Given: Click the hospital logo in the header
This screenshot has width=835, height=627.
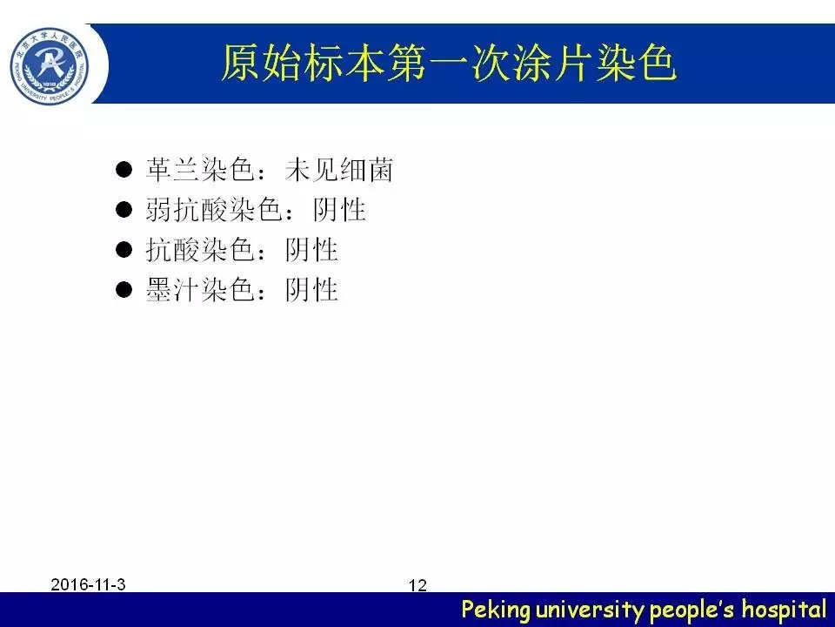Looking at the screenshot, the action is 50,67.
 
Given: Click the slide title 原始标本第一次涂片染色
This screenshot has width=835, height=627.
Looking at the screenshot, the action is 449,64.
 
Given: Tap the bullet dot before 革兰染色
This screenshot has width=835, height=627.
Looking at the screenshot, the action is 124,170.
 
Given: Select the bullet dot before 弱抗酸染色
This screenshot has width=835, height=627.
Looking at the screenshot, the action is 124,210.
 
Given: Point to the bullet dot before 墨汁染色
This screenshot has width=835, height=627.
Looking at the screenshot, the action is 124,289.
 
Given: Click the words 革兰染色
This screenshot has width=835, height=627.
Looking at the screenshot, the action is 199,170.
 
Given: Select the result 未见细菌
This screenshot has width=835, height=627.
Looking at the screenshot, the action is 339,170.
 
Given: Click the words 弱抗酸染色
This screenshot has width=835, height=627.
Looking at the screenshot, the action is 213,210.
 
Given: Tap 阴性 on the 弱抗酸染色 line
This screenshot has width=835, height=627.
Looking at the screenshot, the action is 339,210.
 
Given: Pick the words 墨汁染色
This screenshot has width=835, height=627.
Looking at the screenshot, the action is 199,289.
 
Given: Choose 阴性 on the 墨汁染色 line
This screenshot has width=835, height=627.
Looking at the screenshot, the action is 311,289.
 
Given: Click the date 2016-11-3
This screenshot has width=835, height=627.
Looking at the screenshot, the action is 88,584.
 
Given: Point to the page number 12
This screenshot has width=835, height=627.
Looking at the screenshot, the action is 417,585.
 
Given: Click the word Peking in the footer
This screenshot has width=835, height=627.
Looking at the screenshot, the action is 496,610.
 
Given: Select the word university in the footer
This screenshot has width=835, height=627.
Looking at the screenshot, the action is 590,609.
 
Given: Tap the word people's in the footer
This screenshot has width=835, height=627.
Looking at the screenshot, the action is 691,610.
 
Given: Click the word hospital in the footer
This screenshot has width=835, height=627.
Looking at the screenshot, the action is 784,609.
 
